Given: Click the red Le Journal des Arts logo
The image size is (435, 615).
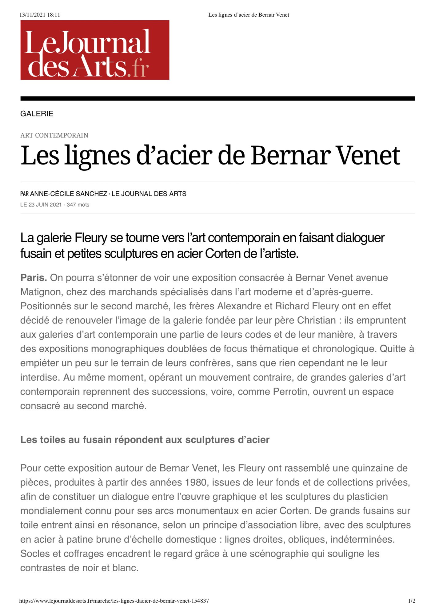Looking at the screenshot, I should point(95,50).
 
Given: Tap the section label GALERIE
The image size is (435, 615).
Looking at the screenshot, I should point(37,114).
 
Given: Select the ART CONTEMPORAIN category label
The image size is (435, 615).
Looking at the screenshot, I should point(54,135).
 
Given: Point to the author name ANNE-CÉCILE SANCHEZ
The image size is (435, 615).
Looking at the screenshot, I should point(69,194).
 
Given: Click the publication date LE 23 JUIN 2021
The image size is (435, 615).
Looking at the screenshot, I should point(41,205).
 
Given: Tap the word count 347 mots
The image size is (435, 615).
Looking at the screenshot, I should point(78,205).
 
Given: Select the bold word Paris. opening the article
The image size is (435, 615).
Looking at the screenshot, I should point(34,278).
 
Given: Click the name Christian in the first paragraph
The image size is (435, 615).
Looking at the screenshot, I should point(316,320).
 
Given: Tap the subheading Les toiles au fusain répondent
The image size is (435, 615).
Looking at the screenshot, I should point(145,440).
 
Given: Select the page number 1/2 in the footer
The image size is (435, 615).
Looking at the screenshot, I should point(412,601).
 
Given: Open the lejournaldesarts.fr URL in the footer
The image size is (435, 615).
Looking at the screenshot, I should point(114,601).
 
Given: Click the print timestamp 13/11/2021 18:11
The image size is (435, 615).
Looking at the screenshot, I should point(40,15).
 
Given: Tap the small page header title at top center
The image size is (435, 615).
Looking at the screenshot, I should point(249,15).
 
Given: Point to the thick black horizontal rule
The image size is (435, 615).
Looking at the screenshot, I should point(217,99).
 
